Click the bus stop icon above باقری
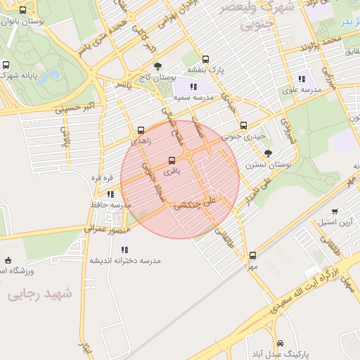(x=172, y=160)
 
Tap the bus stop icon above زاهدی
(x=141, y=129)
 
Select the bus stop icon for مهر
(x=252, y=256)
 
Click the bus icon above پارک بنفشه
(x=205, y=59)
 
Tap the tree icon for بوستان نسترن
(x=269, y=153)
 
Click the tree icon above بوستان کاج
(x=157, y=67)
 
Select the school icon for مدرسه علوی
(x=302, y=79)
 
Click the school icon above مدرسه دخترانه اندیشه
(x=125, y=249)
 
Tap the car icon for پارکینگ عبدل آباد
(x=281, y=344)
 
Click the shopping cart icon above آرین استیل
(x=335, y=211)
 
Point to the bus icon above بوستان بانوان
(x=23, y=11)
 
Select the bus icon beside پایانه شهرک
(x=6, y=64)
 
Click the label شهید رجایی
(x=40, y=295)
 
